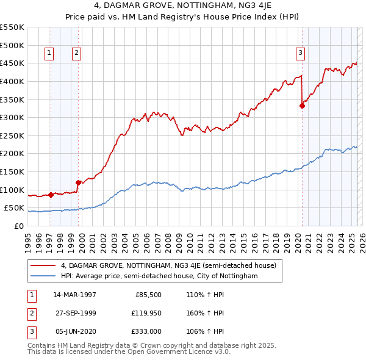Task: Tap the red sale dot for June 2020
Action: [302, 106]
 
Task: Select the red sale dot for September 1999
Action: [78, 182]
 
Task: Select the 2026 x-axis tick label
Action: [361, 238]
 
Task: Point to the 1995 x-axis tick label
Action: [27, 238]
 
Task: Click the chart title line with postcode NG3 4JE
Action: [183, 7]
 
